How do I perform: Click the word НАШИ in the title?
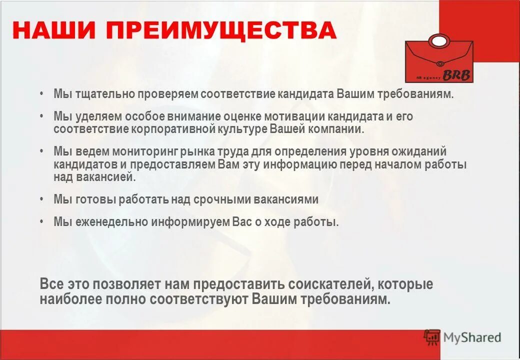[55, 30]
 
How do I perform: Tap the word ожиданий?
[420, 151]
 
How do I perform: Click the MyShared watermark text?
[471, 338]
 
